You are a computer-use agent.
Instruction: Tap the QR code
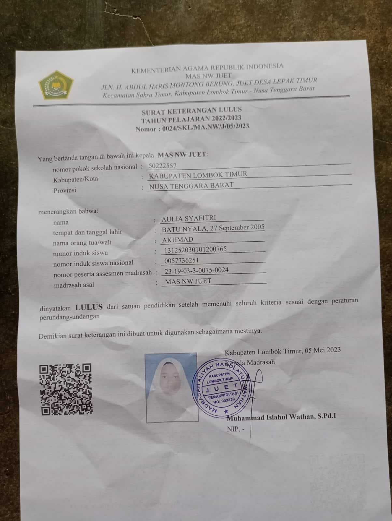coord(66,389)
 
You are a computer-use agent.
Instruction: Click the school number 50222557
coord(162,166)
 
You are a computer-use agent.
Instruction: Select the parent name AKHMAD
coord(177,240)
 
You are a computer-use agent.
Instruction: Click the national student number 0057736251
coord(181,260)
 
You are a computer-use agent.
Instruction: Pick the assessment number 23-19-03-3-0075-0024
coord(196,270)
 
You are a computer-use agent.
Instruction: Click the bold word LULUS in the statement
coord(89,307)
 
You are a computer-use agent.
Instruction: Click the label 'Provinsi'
coord(65,190)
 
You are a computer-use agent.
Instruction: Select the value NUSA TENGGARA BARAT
coord(191,186)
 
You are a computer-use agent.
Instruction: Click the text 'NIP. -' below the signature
coord(235,429)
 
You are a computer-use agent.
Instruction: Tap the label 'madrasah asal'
coord(74,285)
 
